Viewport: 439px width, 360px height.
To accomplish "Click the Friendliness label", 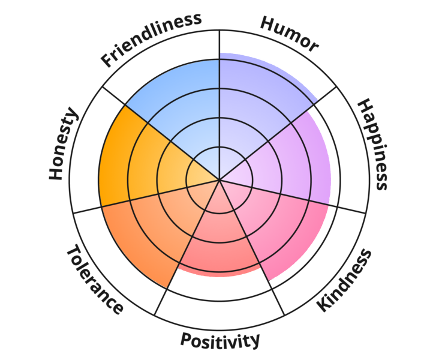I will pos(151,38).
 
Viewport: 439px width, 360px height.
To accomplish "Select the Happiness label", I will pos(372,144).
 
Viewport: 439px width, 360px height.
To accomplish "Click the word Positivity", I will pos(220,340).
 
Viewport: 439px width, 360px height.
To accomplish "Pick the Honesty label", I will pos(64,144).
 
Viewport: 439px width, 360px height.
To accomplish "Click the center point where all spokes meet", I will pos(220,179).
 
